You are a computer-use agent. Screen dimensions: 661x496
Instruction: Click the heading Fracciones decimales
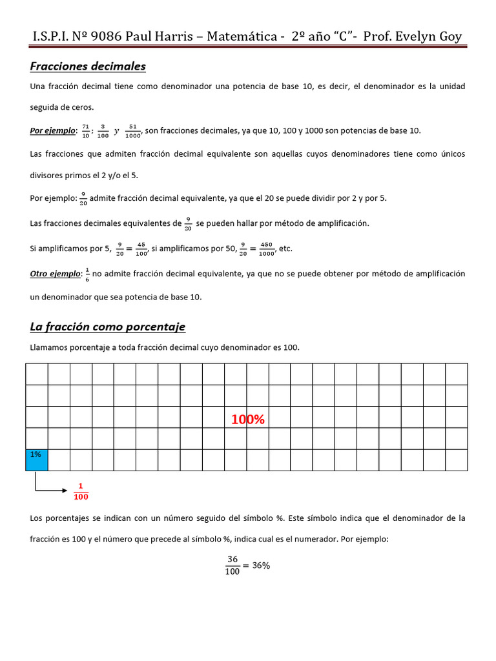click(x=88, y=66)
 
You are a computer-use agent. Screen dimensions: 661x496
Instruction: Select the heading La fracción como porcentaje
click(x=107, y=327)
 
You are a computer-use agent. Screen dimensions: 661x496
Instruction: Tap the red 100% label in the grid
click(x=248, y=420)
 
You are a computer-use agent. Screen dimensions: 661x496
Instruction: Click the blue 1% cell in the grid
click(x=37, y=460)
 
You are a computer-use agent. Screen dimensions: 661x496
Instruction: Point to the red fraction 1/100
click(x=81, y=491)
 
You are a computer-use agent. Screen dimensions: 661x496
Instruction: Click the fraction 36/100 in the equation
click(x=232, y=565)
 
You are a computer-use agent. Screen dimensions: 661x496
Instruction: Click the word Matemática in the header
click(x=240, y=36)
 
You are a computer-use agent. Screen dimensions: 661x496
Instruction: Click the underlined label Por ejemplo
click(x=53, y=130)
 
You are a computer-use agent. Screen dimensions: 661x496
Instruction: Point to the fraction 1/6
click(x=87, y=274)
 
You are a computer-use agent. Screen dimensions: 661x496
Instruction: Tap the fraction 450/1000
click(x=265, y=249)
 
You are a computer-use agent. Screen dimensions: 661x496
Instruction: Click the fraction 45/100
click(x=140, y=249)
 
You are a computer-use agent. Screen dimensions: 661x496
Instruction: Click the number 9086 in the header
click(x=103, y=36)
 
